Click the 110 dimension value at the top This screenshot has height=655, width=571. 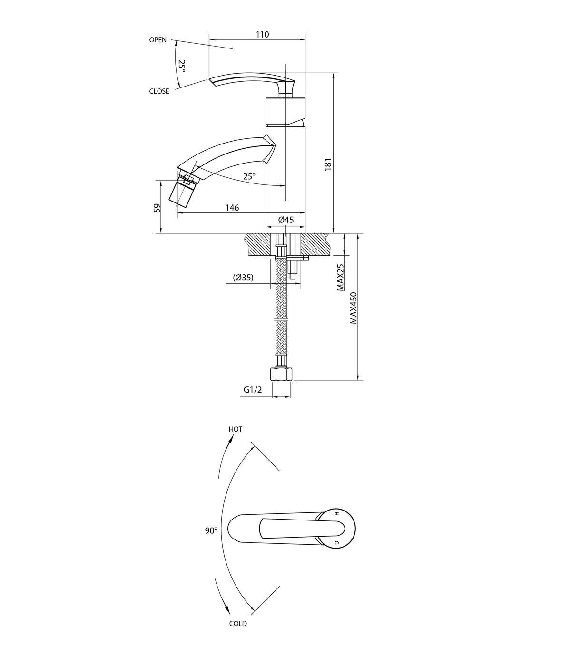point(262,35)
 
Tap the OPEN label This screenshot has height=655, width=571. point(158,40)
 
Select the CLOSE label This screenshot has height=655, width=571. point(159,91)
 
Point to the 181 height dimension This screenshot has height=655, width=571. point(328,164)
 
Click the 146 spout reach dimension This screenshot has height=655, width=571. point(232,208)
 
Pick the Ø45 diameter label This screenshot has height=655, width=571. point(286,220)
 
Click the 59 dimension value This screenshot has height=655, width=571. point(157,208)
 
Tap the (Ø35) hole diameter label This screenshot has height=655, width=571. point(243,277)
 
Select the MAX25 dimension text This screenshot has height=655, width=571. point(340,277)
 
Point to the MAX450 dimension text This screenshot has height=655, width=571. point(353,308)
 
